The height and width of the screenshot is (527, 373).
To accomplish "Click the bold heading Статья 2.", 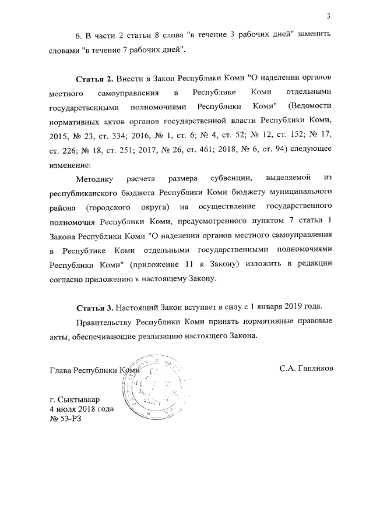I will (95, 78).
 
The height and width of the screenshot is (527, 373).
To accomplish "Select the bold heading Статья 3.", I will (95, 307).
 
